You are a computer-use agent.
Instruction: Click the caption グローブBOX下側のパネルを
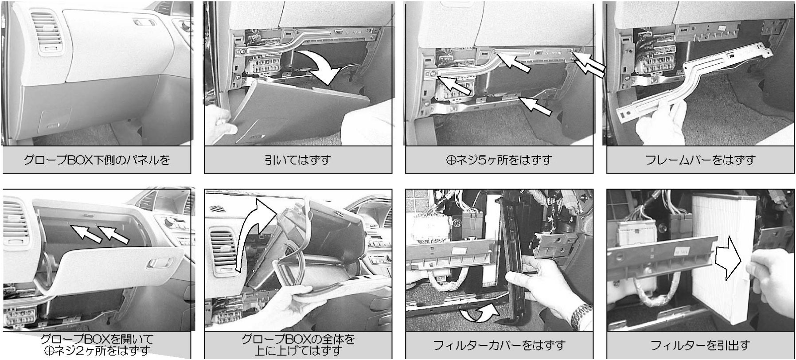pyautogui.click(x=97, y=160)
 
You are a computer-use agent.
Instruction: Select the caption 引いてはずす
pyautogui.click(x=298, y=160)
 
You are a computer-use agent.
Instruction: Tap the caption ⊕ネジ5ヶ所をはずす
pyautogui.click(x=499, y=160)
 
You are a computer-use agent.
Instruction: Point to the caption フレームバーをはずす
pyautogui.click(x=700, y=160)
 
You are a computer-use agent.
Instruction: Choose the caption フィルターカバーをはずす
pyautogui.click(x=499, y=345)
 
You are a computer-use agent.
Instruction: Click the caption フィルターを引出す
pyautogui.click(x=700, y=345)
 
